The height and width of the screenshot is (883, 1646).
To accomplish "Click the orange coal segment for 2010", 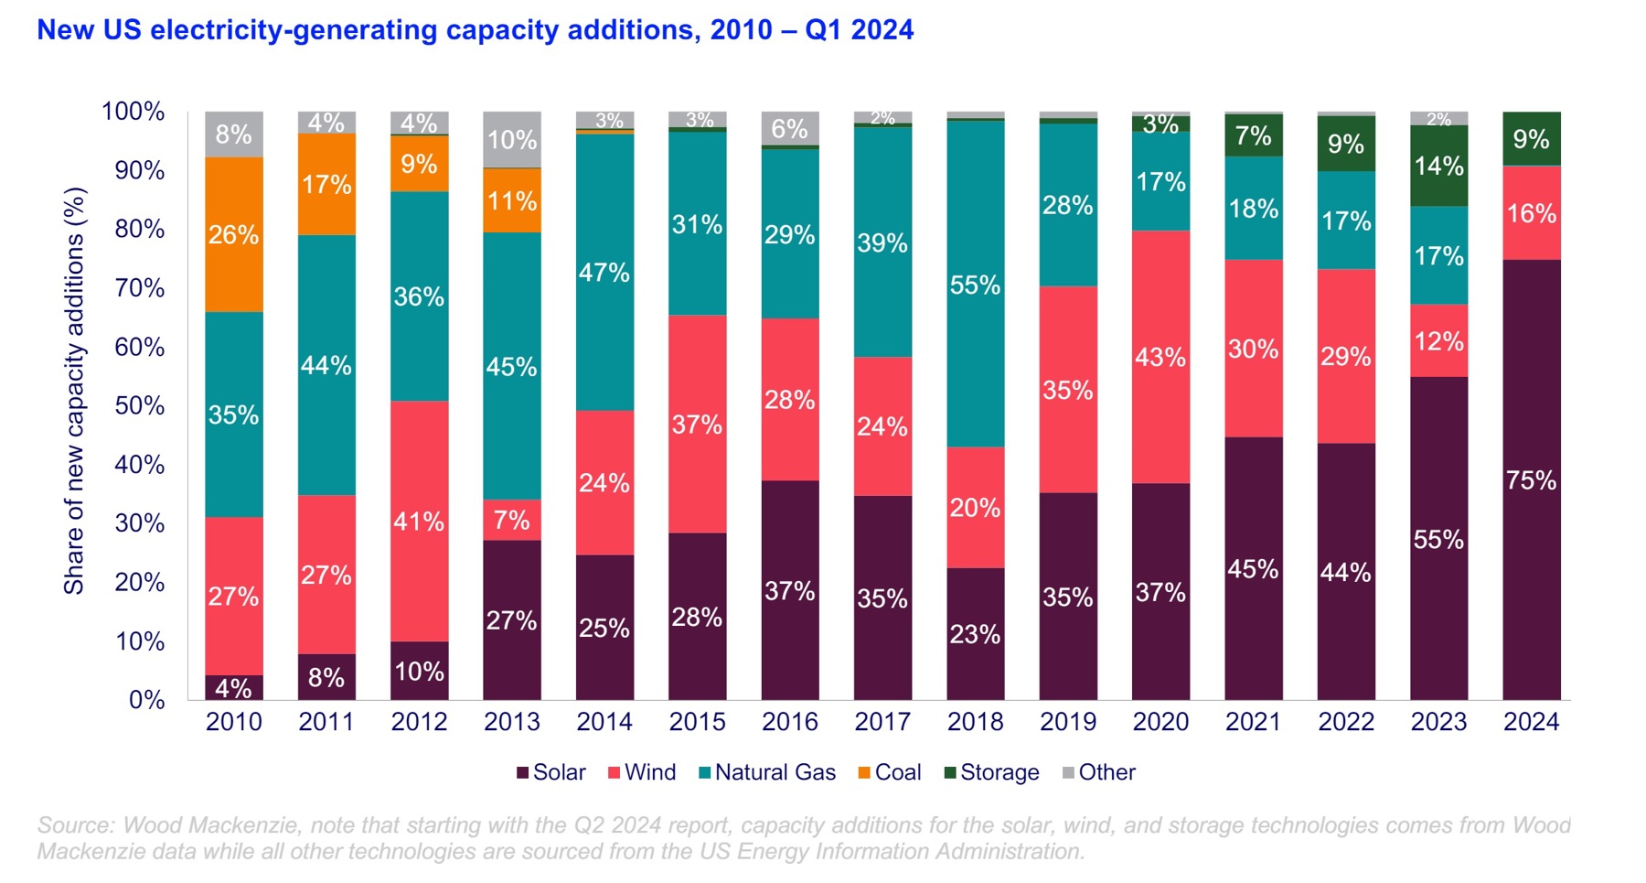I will pos(234,235).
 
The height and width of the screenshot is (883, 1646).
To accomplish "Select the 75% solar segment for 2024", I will pos(1531,479).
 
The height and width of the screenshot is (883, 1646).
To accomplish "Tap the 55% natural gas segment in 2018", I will pos(975,285).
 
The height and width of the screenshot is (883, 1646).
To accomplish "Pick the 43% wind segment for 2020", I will pos(1160,357).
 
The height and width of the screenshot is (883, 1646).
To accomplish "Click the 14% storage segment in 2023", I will pos(1438,166).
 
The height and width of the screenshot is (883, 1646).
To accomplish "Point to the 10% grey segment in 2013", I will pos(512,140).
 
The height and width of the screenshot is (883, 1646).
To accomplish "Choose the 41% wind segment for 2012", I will pos(419,522).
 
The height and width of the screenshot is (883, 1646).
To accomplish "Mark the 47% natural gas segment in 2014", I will pos(604,272).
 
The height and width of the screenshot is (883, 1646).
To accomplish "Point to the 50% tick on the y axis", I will pos(140,405).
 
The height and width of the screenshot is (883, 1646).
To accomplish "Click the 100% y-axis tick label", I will pos(134,112).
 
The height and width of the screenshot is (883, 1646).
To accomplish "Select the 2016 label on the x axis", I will pos(789,722).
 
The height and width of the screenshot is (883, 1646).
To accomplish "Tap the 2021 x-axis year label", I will pos(1253,722).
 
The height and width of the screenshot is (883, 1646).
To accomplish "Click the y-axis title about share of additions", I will pos(74,391).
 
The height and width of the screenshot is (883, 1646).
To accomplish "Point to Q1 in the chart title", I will pos(824,30).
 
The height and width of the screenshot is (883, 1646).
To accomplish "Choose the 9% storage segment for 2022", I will pos(1346,144).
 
